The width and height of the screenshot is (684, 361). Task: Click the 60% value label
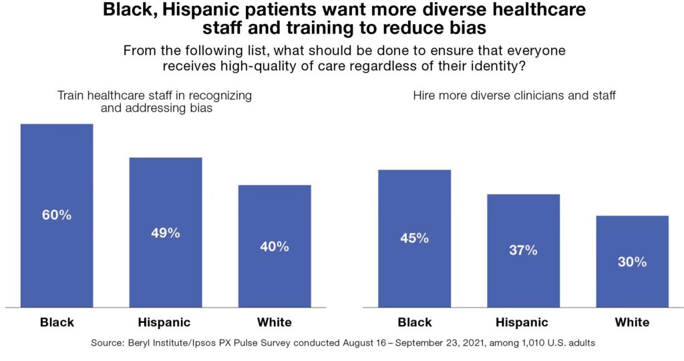[x=57, y=215]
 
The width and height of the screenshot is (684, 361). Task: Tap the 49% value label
[x=166, y=233]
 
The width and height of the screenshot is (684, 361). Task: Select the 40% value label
[x=275, y=246]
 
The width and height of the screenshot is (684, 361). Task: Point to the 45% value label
[x=414, y=238]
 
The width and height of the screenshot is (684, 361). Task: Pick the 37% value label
[x=523, y=250]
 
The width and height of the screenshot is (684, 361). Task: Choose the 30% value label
[x=632, y=262]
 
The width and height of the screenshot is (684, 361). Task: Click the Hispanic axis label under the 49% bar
[x=166, y=322]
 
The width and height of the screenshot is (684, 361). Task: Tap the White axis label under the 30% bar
[x=632, y=322]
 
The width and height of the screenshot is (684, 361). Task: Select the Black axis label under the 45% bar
[x=414, y=322]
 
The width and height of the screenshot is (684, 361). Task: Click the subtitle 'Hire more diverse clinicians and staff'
[x=514, y=96]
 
